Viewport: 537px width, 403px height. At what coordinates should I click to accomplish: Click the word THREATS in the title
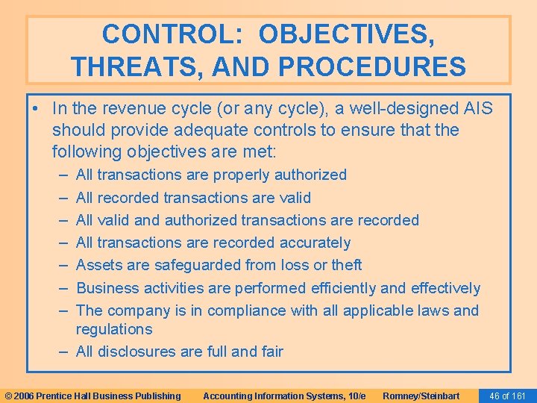point(127,66)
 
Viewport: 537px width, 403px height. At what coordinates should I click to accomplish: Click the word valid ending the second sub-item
point(295,198)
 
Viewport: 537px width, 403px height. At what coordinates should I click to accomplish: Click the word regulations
point(114,329)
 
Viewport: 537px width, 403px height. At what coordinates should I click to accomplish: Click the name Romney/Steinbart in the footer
point(421,396)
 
